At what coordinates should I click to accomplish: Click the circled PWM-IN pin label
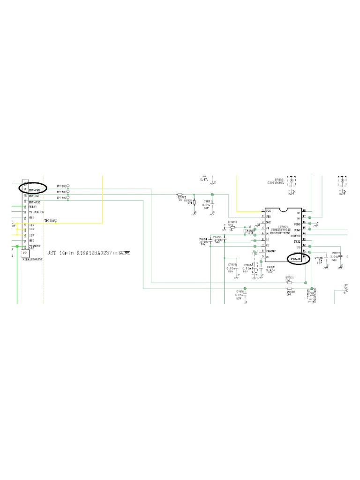[x=296, y=257]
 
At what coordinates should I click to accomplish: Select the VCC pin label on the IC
[x=269, y=211]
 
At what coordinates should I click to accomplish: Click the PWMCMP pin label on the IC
[x=270, y=252]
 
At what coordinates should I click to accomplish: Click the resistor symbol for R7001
[x=290, y=283]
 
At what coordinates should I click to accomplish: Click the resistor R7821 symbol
[x=180, y=194]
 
